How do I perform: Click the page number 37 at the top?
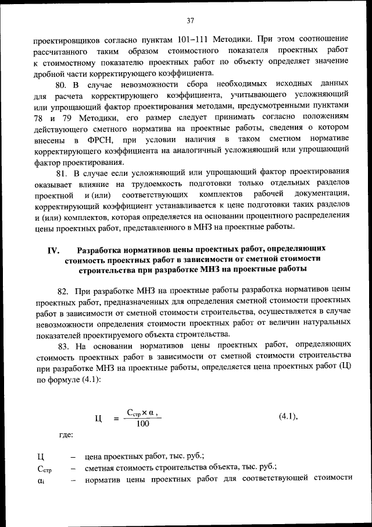pos(190,21)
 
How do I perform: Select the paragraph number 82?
pos(63,289)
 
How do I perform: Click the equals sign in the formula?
pos(116,418)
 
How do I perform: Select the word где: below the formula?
pos(66,434)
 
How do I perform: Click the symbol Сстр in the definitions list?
pos(45,468)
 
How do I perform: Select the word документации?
pos(321,194)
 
